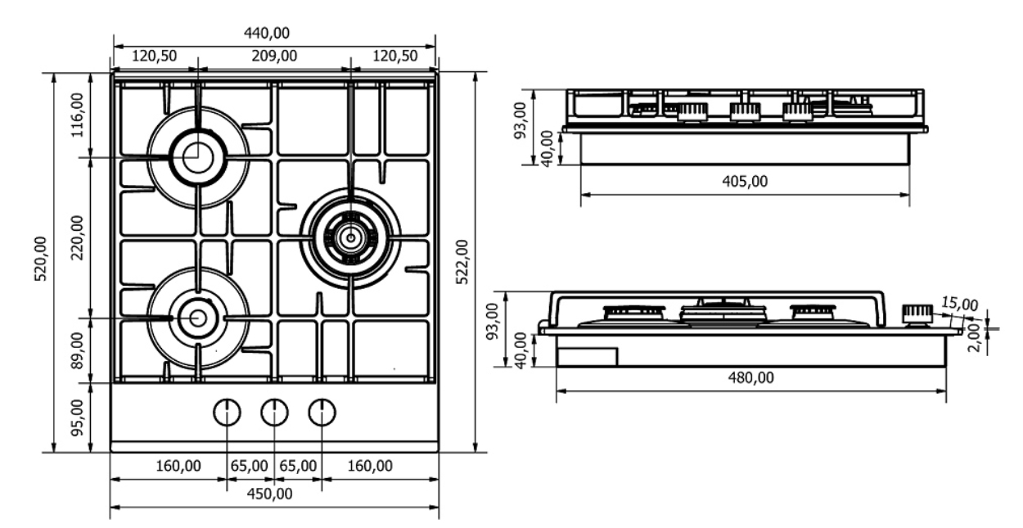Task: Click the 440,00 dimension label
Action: click(273, 32)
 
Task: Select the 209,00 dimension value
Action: click(273, 56)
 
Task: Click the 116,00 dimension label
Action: click(78, 115)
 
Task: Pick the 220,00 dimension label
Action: click(78, 237)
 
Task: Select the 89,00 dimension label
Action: click(78, 350)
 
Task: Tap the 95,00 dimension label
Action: click(78, 417)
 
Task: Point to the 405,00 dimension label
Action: click(745, 182)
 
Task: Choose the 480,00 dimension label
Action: click(750, 377)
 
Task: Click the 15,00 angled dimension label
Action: click(959, 305)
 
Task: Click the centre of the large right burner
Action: click(350, 237)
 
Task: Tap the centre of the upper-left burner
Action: click(196, 156)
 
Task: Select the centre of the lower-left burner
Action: click(197, 316)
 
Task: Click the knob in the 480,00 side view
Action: click(917, 314)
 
